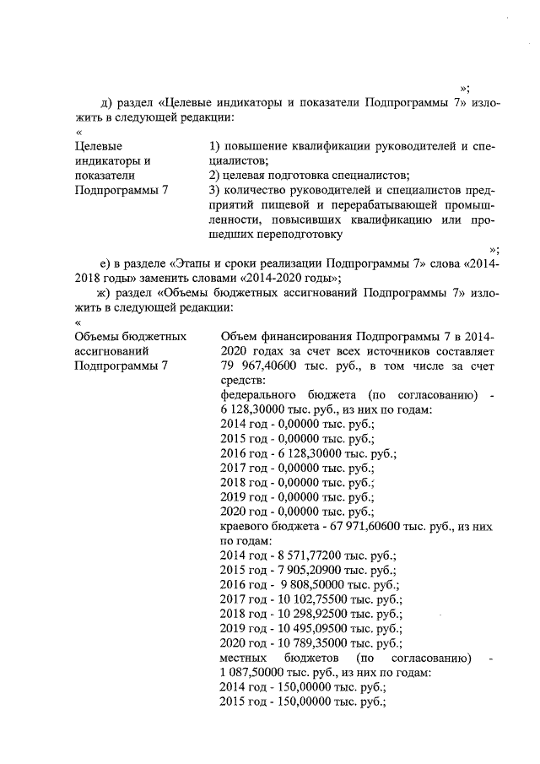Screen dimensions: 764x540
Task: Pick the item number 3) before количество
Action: tap(214, 190)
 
